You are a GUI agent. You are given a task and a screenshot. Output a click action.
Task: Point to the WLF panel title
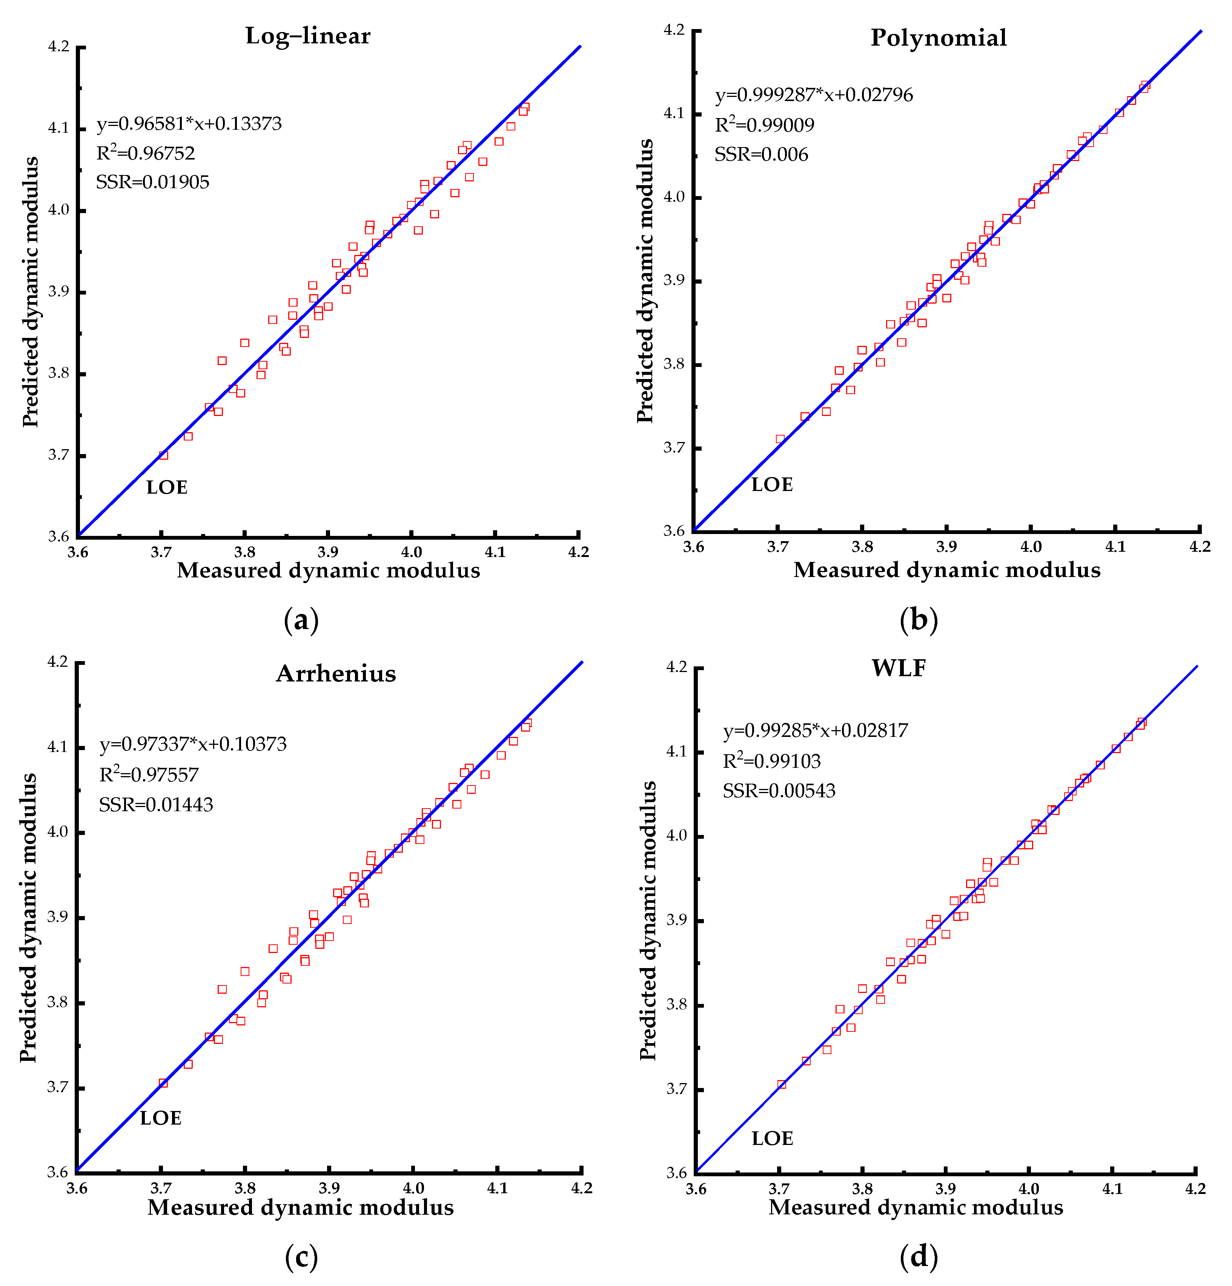899,668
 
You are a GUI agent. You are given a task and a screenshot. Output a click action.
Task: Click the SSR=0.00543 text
779,790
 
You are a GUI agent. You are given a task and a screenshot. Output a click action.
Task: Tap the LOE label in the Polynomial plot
772,485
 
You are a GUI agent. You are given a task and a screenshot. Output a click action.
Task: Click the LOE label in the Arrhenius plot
160,1118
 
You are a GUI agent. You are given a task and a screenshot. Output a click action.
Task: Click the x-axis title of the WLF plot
916,1207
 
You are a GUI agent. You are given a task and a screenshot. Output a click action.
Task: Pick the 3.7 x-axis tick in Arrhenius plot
160,1188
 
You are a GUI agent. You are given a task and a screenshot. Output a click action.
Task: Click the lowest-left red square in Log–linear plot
163,455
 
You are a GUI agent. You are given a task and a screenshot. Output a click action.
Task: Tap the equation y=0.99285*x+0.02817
815,730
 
